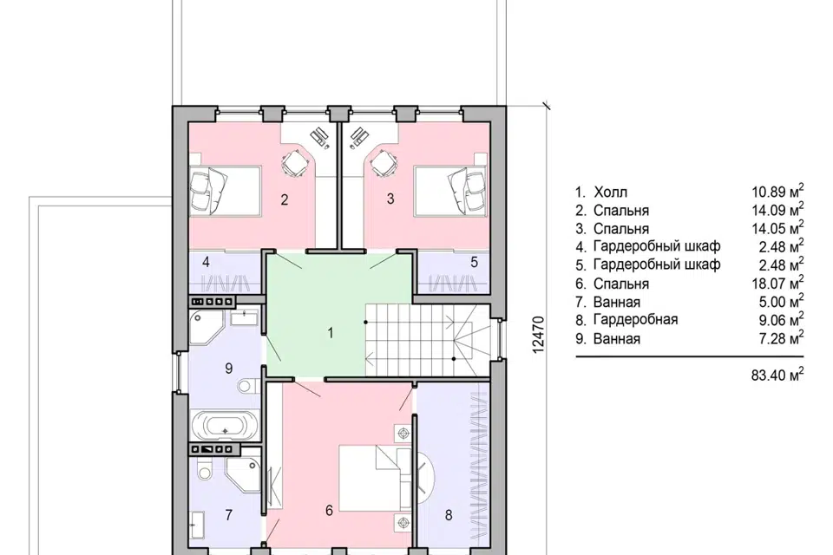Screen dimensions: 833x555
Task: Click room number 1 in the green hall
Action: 331,333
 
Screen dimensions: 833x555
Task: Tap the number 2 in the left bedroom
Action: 285,199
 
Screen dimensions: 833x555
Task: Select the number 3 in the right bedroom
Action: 390,199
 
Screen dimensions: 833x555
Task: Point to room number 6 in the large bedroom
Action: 329,511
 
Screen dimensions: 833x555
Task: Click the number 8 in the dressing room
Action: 449,514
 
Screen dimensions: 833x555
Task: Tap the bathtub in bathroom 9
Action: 225,426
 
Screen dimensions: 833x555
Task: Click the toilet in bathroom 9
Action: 247,384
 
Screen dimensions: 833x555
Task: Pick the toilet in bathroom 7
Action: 203,469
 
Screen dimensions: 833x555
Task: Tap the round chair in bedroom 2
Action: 294,162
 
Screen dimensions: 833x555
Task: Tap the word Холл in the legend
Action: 610,193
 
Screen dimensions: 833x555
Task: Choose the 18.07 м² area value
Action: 777,283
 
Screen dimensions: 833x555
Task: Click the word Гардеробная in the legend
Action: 635,320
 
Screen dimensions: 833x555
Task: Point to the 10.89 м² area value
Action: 777,192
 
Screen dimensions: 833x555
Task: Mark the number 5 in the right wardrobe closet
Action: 475,262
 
